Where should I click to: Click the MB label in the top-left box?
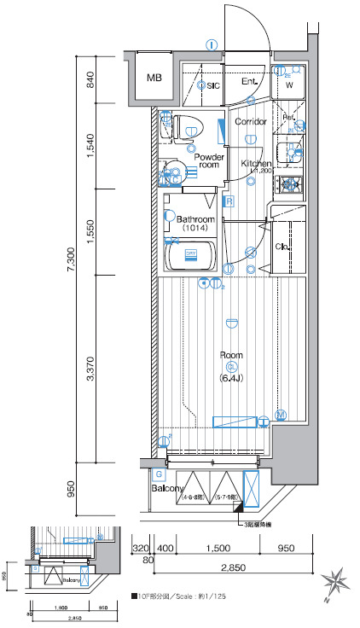coord(154,78)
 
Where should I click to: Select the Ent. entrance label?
coord(249,82)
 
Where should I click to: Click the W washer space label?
coord(288,85)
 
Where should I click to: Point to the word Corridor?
coord(251,122)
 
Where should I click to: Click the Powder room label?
coord(208,162)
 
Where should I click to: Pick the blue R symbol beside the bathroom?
coord(229,202)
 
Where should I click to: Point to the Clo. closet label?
coord(284,247)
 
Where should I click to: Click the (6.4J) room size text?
coord(231,377)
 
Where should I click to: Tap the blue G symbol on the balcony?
coord(159,474)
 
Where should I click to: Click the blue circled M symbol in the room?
coord(280,416)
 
